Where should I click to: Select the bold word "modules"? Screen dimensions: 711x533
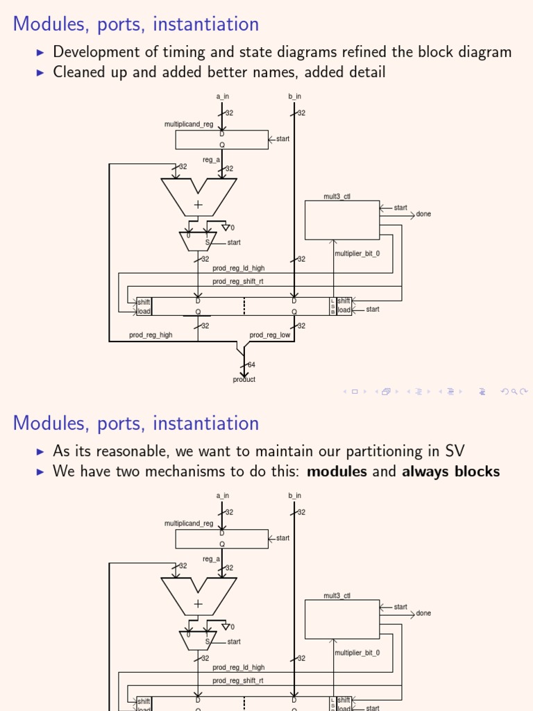click(337, 472)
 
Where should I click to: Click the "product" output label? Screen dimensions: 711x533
click(244, 380)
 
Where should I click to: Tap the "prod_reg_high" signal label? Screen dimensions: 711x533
click(151, 335)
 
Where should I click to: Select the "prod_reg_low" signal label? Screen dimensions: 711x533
click(270, 335)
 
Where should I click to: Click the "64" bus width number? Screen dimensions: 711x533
click(251, 365)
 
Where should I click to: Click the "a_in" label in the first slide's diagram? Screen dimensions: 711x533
click(222, 97)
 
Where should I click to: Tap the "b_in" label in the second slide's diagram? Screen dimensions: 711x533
click(294, 496)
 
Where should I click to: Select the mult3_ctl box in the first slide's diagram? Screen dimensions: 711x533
click(342, 219)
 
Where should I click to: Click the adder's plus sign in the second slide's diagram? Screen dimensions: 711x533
click(198, 604)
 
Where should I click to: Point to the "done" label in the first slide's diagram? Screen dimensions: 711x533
click(423, 214)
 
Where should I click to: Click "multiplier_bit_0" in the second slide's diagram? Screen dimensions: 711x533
click(357, 653)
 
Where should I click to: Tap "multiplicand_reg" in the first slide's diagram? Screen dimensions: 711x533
click(189, 124)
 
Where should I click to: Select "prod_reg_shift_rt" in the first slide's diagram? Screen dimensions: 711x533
click(238, 281)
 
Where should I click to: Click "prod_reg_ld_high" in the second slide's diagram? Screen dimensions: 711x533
click(238, 667)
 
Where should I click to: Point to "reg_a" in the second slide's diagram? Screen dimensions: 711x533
click(211, 559)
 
